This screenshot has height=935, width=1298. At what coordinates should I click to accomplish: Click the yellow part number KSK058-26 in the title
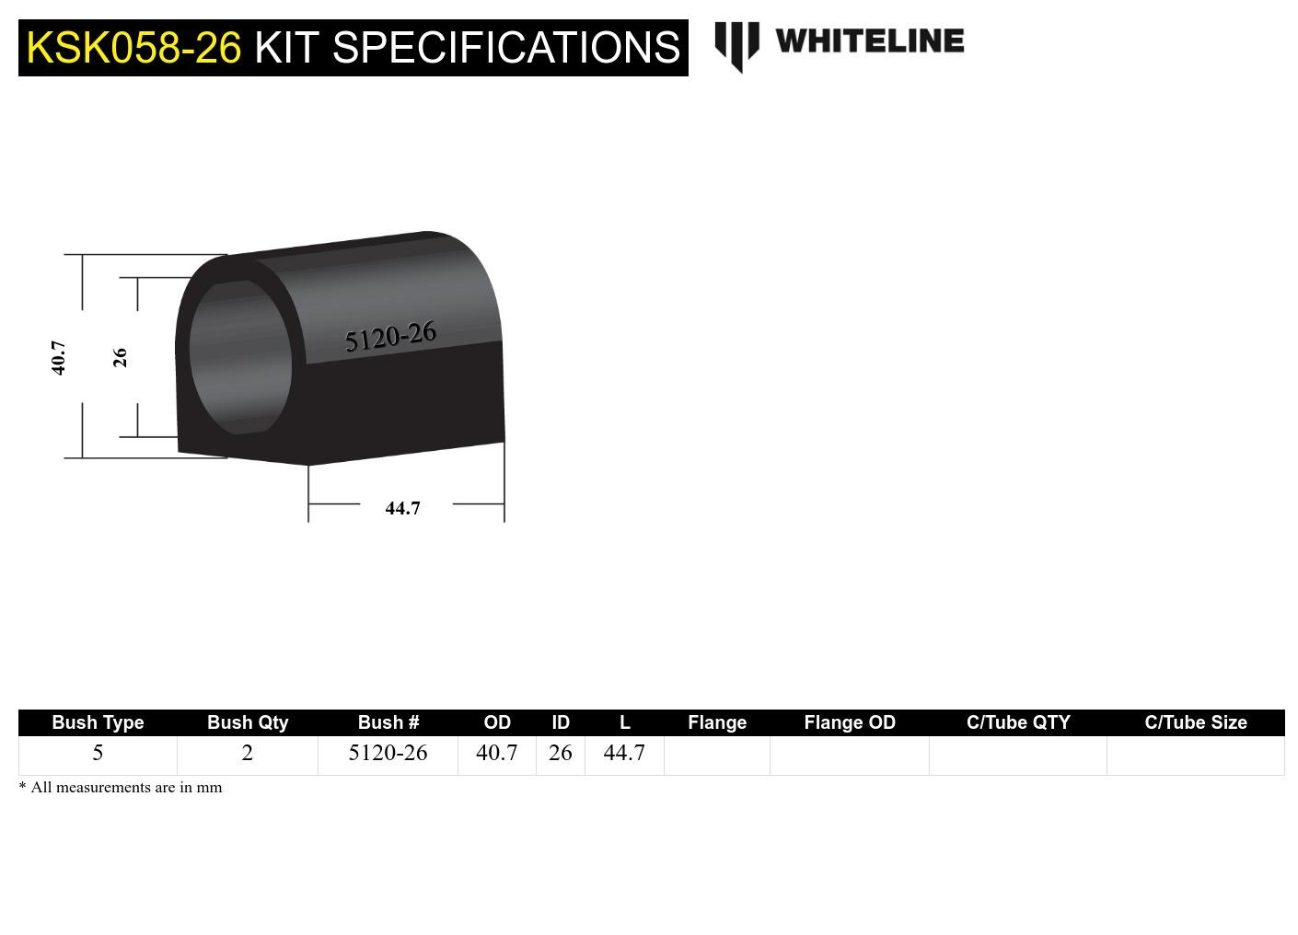(x=133, y=48)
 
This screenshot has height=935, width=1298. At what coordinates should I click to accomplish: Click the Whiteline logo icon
(x=736, y=45)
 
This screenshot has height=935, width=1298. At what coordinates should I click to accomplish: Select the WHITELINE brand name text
(x=869, y=41)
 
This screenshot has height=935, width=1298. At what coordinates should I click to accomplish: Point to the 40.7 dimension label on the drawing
(x=58, y=357)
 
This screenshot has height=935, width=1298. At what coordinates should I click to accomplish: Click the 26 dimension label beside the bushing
(x=120, y=357)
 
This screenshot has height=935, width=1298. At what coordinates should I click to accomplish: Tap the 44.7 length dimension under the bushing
(x=402, y=508)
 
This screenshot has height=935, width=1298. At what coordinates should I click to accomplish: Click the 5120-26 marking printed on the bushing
(x=390, y=337)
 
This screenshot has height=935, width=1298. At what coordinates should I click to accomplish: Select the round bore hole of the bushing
(x=240, y=357)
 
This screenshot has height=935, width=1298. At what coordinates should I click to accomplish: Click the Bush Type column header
(x=98, y=722)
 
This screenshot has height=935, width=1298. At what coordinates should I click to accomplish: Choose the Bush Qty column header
(x=248, y=722)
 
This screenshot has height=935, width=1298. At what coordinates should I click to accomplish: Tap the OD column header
(x=497, y=722)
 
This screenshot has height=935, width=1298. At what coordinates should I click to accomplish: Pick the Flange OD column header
(x=850, y=722)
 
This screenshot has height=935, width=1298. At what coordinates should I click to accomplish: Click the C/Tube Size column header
(x=1196, y=722)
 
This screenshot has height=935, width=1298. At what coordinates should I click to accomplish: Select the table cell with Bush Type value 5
(x=98, y=753)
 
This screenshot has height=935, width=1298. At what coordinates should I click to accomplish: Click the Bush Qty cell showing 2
(x=248, y=753)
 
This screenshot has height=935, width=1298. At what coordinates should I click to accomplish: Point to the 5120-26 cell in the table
(x=388, y=753)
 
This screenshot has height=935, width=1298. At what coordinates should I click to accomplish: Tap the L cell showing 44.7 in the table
(x=624, y=753)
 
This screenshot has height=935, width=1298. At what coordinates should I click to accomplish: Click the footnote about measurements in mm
(x=121, y=788)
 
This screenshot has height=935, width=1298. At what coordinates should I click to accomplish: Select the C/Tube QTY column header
(x=1018, y=722)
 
